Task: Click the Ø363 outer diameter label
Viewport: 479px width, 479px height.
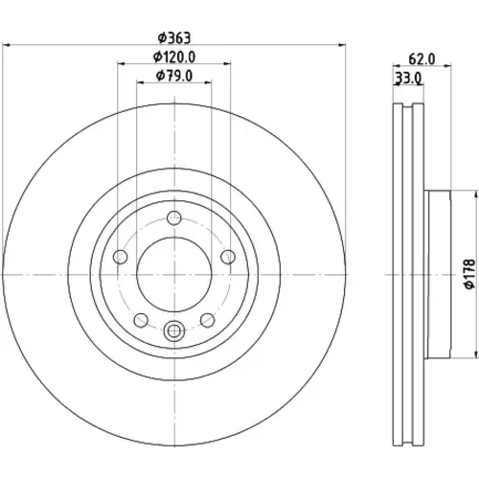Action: (174, 38)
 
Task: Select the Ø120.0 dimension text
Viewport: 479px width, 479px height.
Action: (174, 57)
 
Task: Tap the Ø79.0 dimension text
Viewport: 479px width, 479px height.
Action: (174, 76)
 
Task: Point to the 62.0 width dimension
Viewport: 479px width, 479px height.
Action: (422, 59)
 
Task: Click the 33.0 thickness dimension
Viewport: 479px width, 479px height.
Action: (408, 78)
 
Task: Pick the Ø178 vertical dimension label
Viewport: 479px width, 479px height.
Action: (470, 274)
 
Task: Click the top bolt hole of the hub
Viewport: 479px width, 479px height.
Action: (174, 218)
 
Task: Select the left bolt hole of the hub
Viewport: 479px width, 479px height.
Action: (121, 257)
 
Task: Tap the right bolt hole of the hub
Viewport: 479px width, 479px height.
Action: (228, 257)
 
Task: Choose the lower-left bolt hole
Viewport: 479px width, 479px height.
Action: (141, 320)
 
